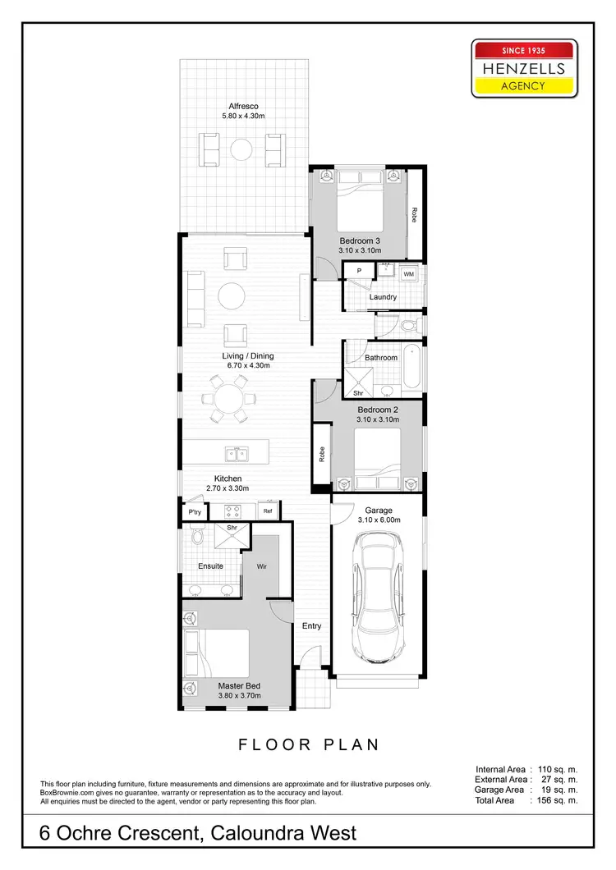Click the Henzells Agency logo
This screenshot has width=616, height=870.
click(x=523, y=68)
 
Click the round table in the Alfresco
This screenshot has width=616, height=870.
click(x=241, y=149)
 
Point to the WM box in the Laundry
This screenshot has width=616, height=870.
click(x=408, y=273)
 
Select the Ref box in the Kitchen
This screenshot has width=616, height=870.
click(x=268, y=511)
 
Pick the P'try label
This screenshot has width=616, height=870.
click(x=194, y=511)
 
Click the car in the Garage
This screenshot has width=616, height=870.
click(x=377, y=597)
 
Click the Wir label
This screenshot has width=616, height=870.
click(x=262, y=565)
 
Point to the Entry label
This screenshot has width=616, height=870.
click(x=311, y=625)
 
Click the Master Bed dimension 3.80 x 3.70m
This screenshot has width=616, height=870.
click(x=239, y=695)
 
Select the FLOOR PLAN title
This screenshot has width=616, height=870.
click(x=309, y=745)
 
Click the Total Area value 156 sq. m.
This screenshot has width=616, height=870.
click(x=558, y=800)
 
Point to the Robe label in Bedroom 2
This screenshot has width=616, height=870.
click(x=321, y=452)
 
